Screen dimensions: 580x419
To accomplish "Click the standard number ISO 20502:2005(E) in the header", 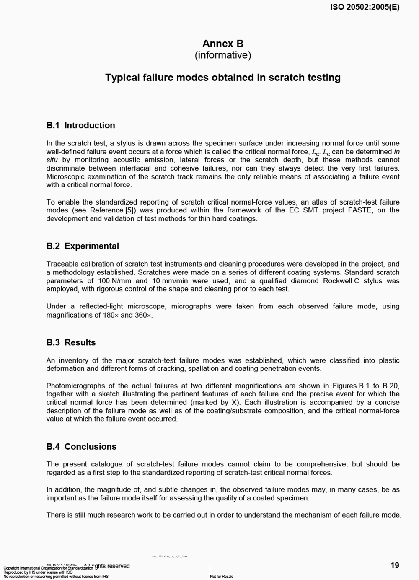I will point(365,7).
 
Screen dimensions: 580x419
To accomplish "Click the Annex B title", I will point(222,44).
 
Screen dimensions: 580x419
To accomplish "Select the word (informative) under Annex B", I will point(222,55).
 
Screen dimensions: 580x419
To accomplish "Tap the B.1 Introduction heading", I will point(80,125).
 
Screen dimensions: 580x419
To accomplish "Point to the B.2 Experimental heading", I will point(83,246).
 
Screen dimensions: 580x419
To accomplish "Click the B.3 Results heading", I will point(71,342).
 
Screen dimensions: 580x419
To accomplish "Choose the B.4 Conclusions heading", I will point(81,446).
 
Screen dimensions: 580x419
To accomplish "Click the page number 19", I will point(395,565).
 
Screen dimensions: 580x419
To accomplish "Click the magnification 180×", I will point(111,315).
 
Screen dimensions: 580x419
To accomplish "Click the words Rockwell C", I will point(341,281).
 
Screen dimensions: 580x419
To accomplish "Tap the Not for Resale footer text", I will point(222,577).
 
